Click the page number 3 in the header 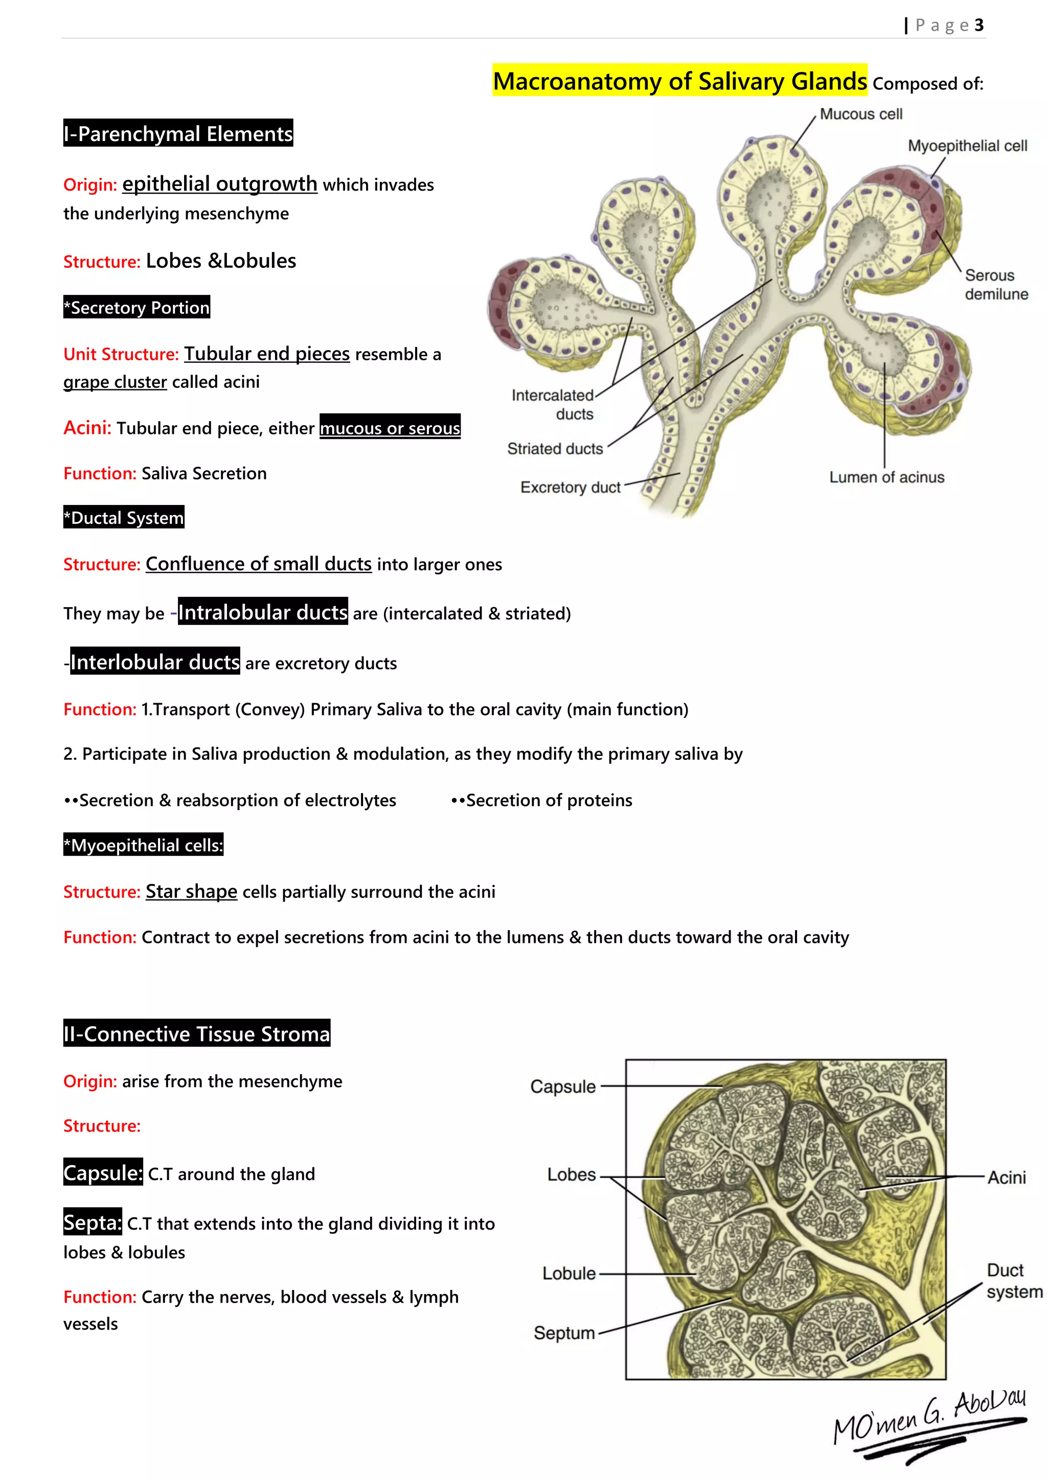click(x=978, y=25)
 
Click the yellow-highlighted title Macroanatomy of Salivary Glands click(x=679, y=81)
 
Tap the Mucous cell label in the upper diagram click(x=861, y=114)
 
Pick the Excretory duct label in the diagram click(x=570, y=488)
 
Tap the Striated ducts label click(x=555, y=449)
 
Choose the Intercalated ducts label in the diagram click(x=553, y=404)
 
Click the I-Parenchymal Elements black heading click(x=178, y=133)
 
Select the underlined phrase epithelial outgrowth click(x=219, y=183)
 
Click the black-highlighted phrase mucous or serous click(x=390, y=428)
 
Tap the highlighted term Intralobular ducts click(x=262, y=612)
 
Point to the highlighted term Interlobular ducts click(x=155, y=662)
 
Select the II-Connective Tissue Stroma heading click(x=197, y=1034)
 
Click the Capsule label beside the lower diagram click(x=563, y=1087)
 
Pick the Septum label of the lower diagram click(x=563, y=1333)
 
